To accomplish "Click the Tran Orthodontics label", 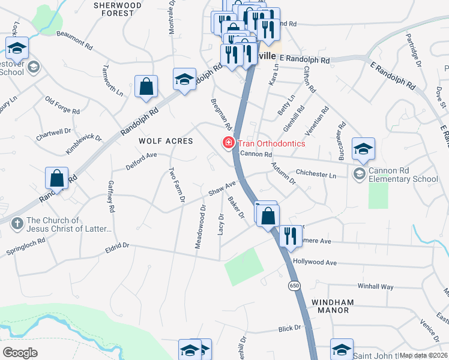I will point(271,143).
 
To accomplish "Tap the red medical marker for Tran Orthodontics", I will point(228,143).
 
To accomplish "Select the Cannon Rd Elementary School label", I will point(403,175).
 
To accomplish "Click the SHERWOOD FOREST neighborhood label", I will point(118,8).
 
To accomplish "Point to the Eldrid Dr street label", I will point(117,245).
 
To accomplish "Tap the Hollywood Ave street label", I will point(315,262).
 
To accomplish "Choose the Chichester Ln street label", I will point(316,173).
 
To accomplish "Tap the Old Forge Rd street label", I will point(62,106).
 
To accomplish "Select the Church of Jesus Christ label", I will point(69,224).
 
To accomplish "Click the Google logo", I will point(20,353).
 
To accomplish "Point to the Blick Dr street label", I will point(289,329).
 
